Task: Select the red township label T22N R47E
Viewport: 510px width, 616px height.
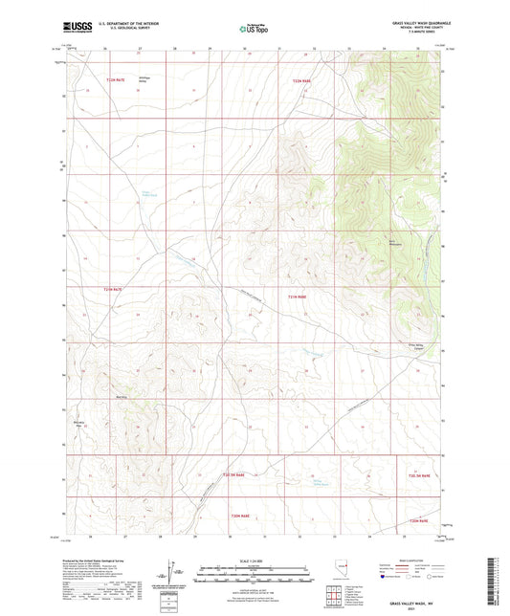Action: pos(115,81)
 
